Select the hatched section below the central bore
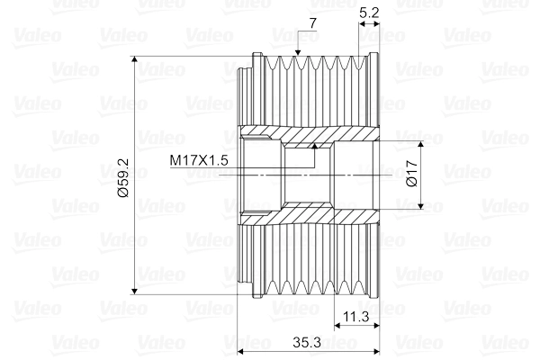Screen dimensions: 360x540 click(x=306, y=216)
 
